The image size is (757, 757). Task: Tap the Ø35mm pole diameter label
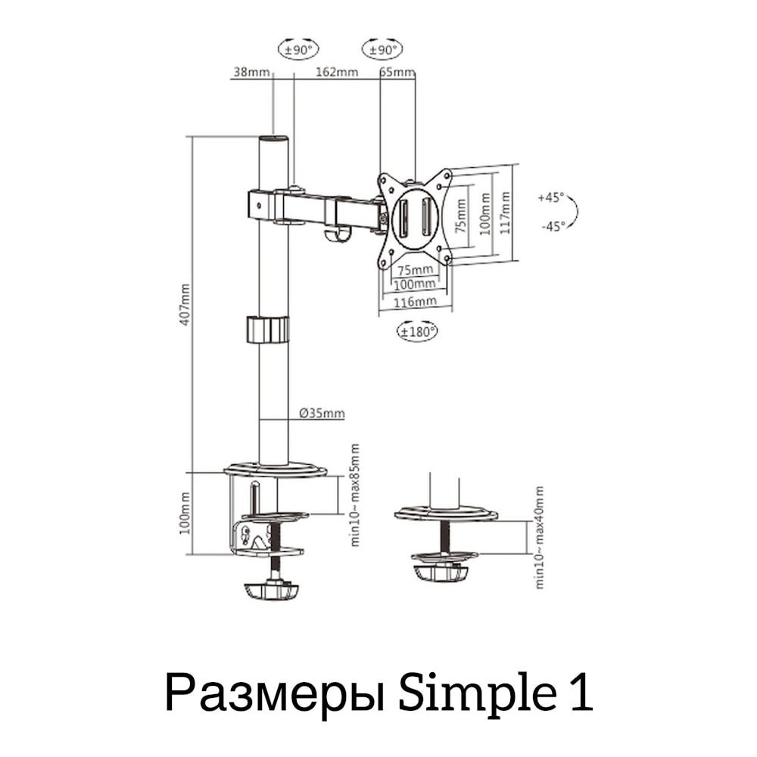point(322,413)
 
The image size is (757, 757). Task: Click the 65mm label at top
point(397,73)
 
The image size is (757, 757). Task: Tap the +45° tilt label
point(551,198)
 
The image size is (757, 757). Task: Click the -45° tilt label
point(552,226)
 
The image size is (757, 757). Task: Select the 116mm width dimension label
point(415,301)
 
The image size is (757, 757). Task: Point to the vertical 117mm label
point(505,213)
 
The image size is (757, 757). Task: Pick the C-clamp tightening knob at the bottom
point(272,588)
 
